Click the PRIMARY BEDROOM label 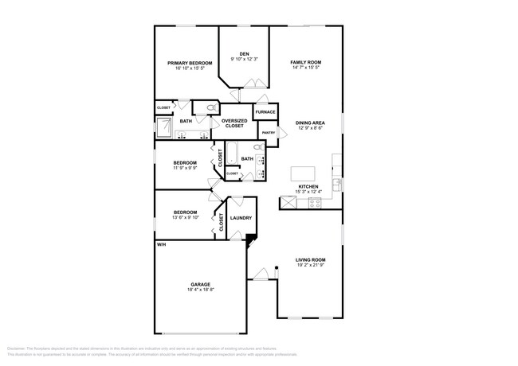tap(190, 63)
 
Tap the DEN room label tap(244, 54)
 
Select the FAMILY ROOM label tap(305, 63)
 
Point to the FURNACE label tap(265, 112)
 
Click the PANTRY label tap(269, 133)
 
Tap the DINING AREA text tap(310, 123)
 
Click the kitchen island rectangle tap(303, 173)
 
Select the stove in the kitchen tap(313, 203)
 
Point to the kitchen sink tap(338, 183)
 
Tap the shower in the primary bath tap(164, 127)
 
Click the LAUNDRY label tap(241, 218)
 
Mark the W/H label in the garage tap(161, 244)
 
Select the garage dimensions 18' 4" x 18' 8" tap(200, 290)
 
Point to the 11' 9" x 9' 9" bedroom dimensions tap(185, 168)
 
